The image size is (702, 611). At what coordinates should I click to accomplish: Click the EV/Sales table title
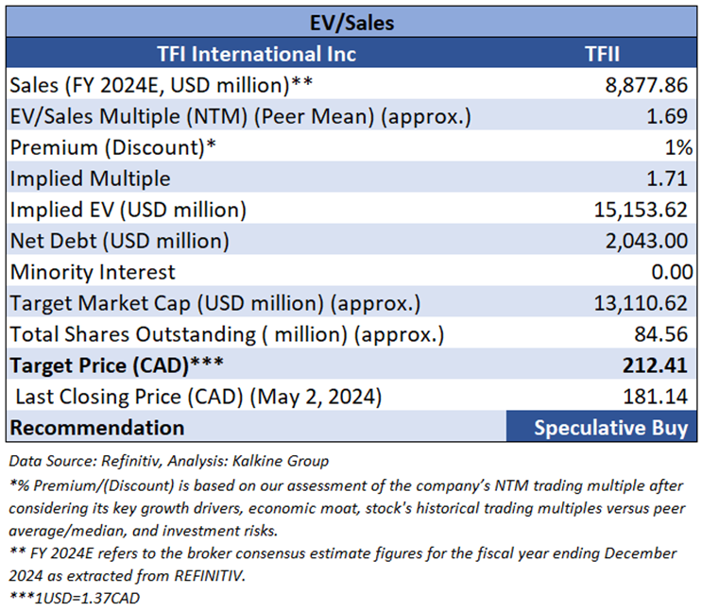(351, 22)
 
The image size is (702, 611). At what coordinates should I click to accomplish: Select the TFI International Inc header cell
(255, 54)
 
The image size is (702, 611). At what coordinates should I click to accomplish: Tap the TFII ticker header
(601, 54)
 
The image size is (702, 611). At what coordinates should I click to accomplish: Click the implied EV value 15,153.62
(642, 209)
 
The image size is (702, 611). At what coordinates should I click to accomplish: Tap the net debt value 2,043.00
(645, 240)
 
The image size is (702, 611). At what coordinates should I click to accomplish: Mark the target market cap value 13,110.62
(642, 303)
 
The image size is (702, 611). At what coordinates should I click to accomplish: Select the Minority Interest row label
(93, 272)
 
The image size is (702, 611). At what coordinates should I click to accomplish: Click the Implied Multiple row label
(91, 178)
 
